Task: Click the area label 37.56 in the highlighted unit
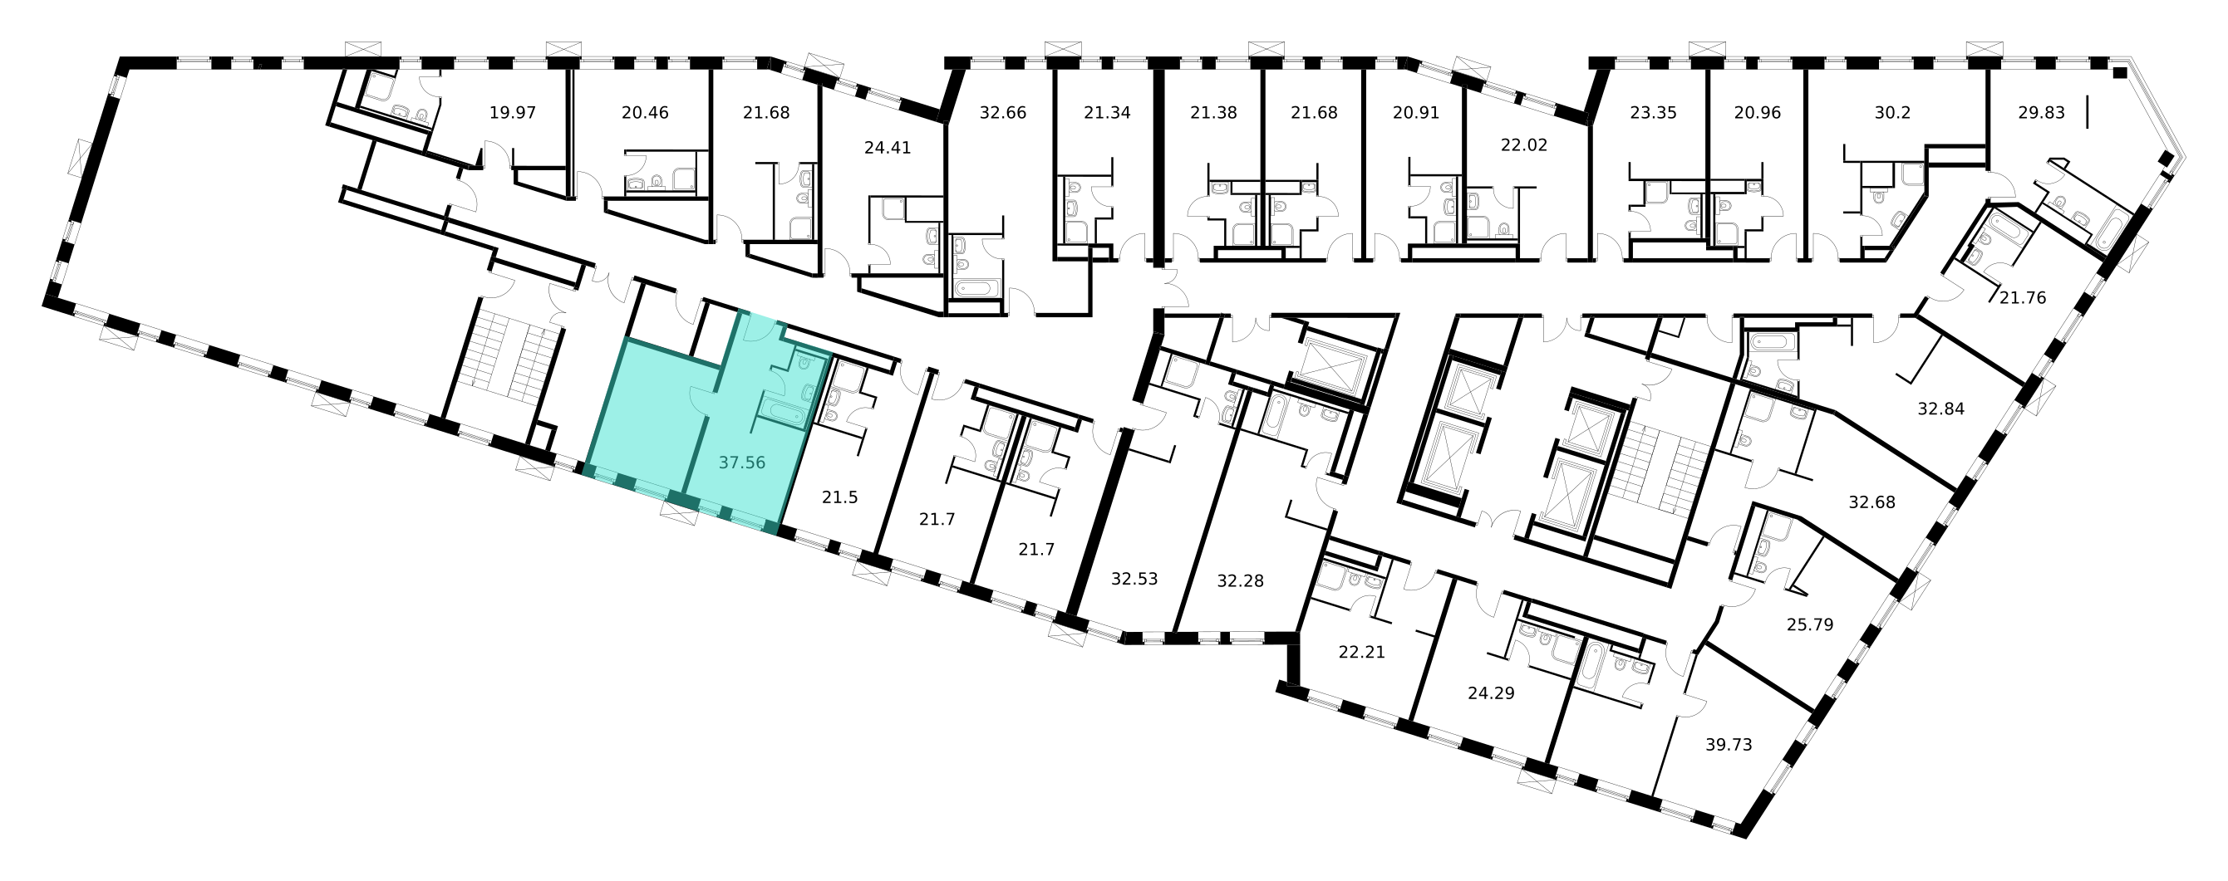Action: (x=742, y=463)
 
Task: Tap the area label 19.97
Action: (x=513, y=112)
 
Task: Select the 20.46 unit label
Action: (x=645, y=112)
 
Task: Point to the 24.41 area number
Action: (x=888, y=148)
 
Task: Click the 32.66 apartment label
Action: (x=1002, y=112)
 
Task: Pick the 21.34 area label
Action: (x=1107, y=112)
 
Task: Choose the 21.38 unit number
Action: (x=1213, y=112)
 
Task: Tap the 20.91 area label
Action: (x=1416, y=112)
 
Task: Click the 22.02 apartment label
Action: (x=1524, y=145)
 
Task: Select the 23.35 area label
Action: (x=1653, y=112)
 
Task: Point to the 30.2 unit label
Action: (x=1892, y=112)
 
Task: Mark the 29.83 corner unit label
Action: (x=2041, y=112)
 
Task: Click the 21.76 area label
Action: (x=2023, y=298)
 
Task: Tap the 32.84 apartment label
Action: (x=1940, y=409)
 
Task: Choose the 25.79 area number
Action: (x=1810, y=624)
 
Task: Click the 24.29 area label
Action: (x=1491, y=693)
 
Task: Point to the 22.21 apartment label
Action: (x=1362, y=653)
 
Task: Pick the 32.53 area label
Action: (x=1134, y=580)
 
